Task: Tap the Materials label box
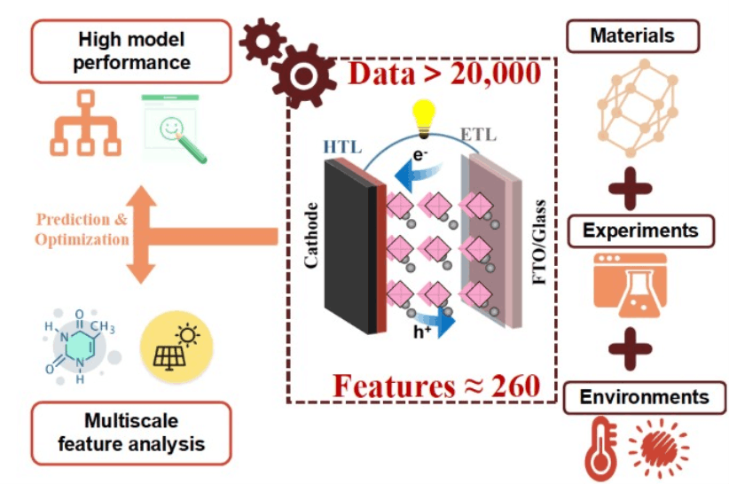click(632, 36)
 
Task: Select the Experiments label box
click(639, 231)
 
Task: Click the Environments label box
click(644, 397)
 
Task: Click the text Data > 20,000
click(444, 73)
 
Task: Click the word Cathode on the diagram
click(311, 236)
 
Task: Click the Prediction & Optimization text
click(82, 230)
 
